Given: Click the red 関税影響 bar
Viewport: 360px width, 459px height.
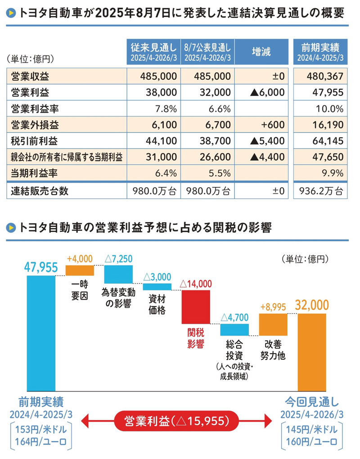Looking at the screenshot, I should click(195, 306).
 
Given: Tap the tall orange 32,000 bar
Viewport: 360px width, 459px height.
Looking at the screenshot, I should click(312, 351).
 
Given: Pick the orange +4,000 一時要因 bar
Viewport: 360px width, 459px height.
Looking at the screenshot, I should click(80, 270).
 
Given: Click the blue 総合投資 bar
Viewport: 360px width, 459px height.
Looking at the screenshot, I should click(234, 330).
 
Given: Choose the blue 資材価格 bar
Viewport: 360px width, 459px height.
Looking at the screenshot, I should click(157, 286).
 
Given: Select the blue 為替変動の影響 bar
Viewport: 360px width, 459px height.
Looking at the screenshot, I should click(119, 274).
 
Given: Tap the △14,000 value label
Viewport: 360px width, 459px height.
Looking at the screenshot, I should click(195, 284).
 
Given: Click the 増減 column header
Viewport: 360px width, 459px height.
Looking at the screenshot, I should click(261, 52).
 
